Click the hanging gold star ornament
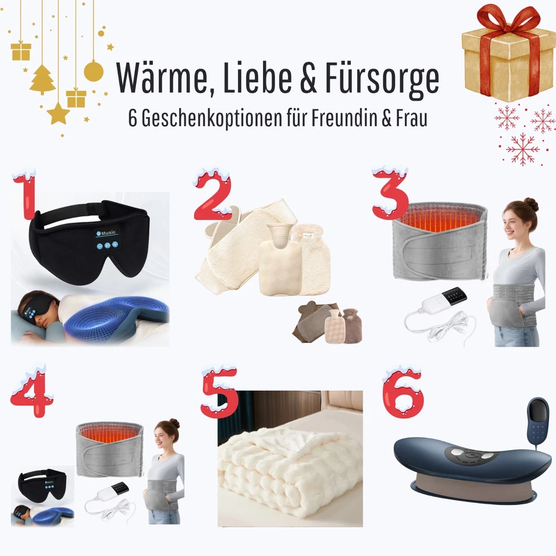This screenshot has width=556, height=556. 58,114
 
